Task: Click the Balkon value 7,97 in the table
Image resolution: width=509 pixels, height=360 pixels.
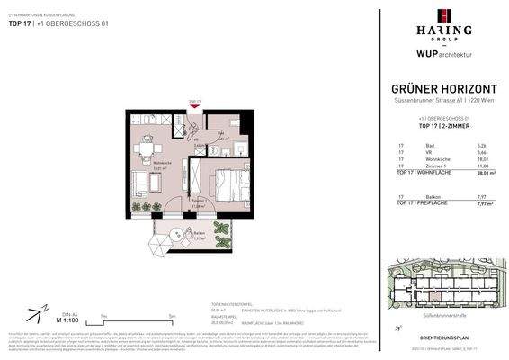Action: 482,196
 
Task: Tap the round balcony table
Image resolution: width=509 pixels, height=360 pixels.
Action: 163,238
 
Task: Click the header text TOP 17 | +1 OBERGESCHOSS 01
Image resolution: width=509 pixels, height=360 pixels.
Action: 43,24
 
